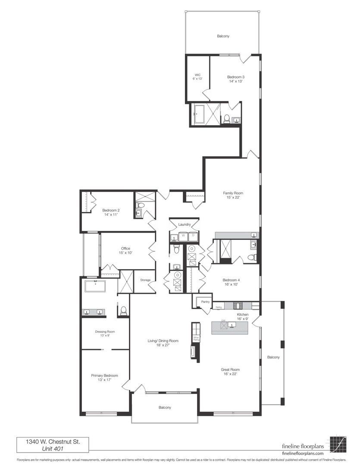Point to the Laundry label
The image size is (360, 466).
[184, 224]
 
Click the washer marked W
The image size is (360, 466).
[183, 236]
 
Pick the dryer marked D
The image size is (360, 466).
[193, 236]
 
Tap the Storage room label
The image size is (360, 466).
[145, 280]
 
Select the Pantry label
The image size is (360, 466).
[205, 302]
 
